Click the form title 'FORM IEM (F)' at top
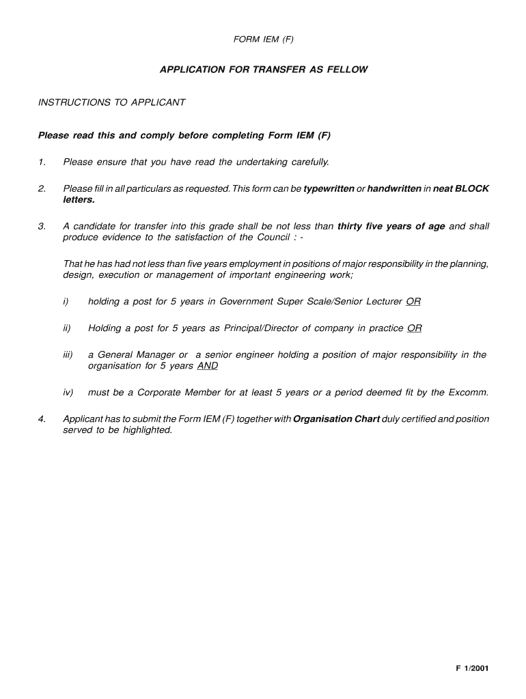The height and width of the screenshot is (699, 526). point(263,40)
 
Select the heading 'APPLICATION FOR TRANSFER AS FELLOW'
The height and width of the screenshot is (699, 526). point(264,70)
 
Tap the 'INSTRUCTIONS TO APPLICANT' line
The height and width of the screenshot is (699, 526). point(111,102)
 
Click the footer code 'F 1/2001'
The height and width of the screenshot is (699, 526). point(472,670)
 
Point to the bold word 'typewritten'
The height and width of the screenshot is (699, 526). point(329,188)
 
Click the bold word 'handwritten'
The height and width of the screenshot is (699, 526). point(394,188)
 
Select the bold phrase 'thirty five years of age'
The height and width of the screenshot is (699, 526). point(391,227)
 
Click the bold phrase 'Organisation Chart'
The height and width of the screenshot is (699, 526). point(336,419)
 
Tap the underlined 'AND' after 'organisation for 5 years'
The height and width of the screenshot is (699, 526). point(207,366)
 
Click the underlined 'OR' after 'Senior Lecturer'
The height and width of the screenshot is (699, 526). point(413,302)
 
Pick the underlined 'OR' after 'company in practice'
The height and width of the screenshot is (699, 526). point(415,328)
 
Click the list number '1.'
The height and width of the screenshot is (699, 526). point(42,162)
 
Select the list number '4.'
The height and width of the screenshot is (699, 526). point(42,419)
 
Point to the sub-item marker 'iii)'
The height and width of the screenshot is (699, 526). point(68,355)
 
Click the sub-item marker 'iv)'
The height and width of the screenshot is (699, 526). point(68,393)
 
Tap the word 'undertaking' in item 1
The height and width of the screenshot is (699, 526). point(262,162)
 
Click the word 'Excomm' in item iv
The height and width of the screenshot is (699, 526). point(467,393)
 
